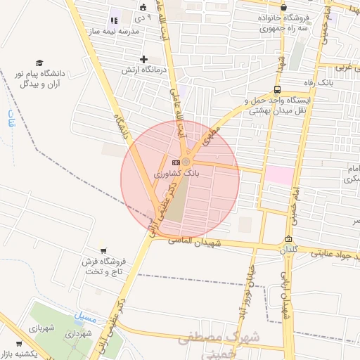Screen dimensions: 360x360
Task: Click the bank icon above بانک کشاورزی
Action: pos(175,162)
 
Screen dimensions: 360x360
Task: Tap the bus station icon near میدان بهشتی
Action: pos(277,89)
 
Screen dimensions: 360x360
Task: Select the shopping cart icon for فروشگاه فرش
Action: pos(103,250)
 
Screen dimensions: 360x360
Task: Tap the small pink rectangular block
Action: pos(279,175)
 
